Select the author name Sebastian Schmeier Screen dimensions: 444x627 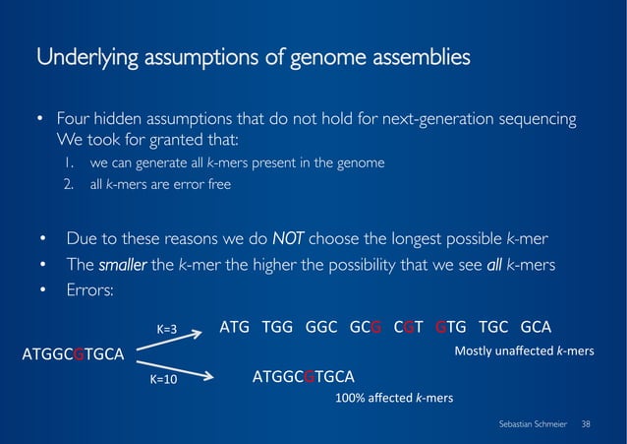(x=535, y=422)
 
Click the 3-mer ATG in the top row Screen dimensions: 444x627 (x=236, y=327)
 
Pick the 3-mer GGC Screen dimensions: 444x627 (x=319, y=327)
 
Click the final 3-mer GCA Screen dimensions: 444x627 (x=537, y=327)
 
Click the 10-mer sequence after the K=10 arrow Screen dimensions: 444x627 (x=304, y=377)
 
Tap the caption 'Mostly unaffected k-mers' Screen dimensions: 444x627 (x=524, y=350)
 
